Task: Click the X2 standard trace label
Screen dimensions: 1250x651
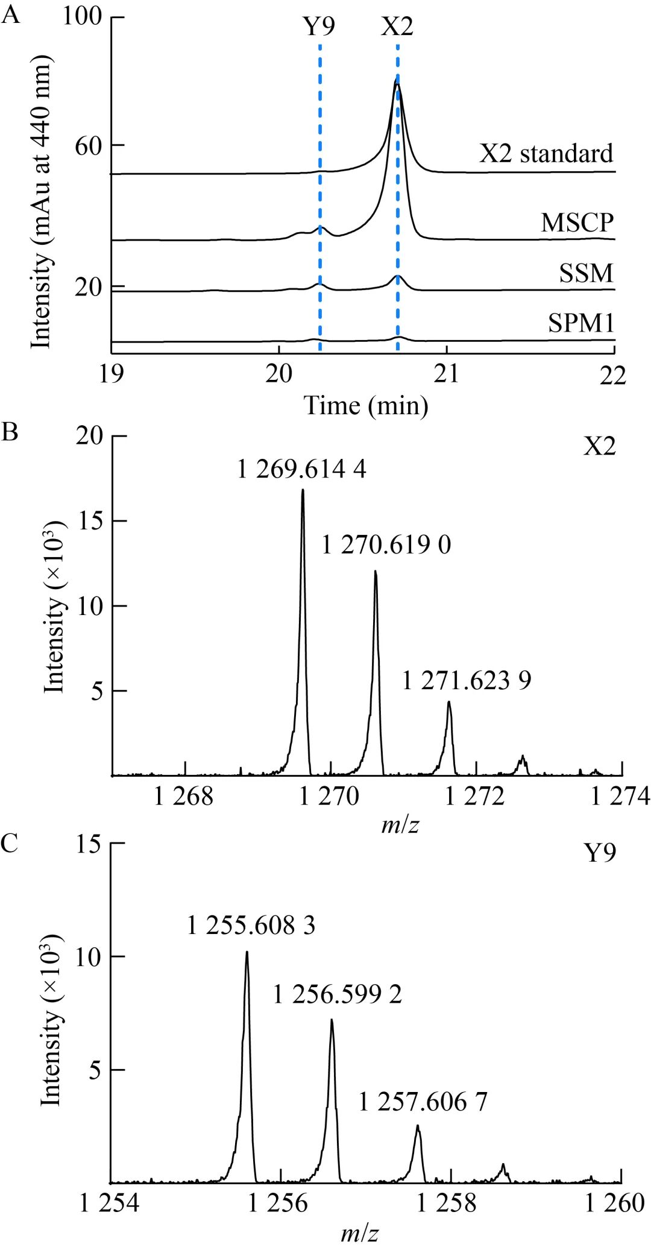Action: (x=546, y=154)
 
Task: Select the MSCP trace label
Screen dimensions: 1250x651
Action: (x=577, y=223)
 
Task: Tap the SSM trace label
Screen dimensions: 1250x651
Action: (x=586, y=273)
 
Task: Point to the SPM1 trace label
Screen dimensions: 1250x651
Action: (x=581, y=324)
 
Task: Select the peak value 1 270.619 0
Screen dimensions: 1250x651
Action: (x=386, y=545)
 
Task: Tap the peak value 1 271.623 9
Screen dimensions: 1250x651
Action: (x=467, y=681)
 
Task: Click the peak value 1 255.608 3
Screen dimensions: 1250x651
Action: (x=251, y=926)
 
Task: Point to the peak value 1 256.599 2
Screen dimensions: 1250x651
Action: (x=338, y=994)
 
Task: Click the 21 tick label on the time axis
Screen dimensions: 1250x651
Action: (x=447, y=374)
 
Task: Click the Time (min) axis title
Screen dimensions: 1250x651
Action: (x=366, y=405)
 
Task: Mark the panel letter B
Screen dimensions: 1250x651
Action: (x=10, y=432)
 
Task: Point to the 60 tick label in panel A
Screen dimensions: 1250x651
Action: (x=88, y=146)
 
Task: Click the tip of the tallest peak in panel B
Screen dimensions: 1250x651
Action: (x=303, y=490)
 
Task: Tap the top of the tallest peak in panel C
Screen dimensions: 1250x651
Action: (x=247, y=953)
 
